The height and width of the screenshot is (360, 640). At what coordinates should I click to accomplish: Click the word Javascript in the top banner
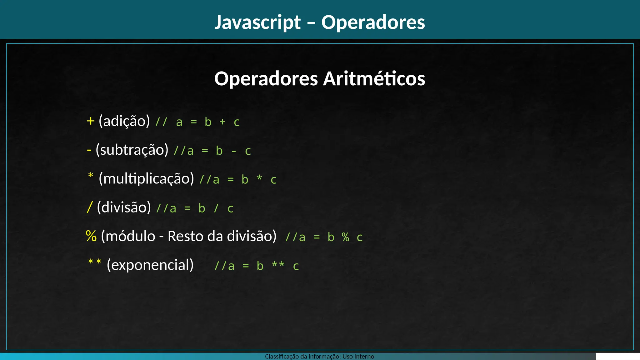pyautogui.click(x=257, y=22)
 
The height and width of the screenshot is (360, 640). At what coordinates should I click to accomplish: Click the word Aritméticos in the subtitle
pyautogui.click(x=374, y=78)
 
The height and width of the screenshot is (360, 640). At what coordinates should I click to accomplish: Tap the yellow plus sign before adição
pyautogui.click(x=91, y=121)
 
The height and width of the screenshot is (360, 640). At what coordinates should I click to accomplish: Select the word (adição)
pyautogui.click(x=124, y=121)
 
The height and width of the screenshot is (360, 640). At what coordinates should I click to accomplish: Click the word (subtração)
pyautogui.click(x=132, y=150)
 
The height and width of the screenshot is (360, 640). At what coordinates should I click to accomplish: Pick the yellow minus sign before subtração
pyautogui.click(x=89, y=150)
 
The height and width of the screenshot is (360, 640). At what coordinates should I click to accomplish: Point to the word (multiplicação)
pyautogui.click(x=146, y=178)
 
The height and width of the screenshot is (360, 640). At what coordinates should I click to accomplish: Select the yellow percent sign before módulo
pyautogui.click(x=91, y=236)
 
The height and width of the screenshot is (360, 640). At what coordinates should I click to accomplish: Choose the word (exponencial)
pyautogui.click(x=150, y=265)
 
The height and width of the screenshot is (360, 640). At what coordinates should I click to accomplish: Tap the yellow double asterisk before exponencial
pyautogui.click(x=95, y=262)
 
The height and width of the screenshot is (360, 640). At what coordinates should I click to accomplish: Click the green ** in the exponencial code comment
pyautogui.click(x=278, y=265)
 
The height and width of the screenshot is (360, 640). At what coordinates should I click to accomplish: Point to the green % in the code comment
pyautogui.click(x=345, y=237)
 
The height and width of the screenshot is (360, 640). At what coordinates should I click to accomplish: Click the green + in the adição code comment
pyautogui.click(x=222, y=122)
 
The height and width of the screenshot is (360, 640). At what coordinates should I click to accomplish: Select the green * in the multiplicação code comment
pyautogui.click(x=259, y=178)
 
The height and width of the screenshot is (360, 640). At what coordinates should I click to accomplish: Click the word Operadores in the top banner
pyautogui.click(x=373, y=22)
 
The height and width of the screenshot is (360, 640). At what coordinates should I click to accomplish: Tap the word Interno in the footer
pyautogui.click(x=364, y=356)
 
